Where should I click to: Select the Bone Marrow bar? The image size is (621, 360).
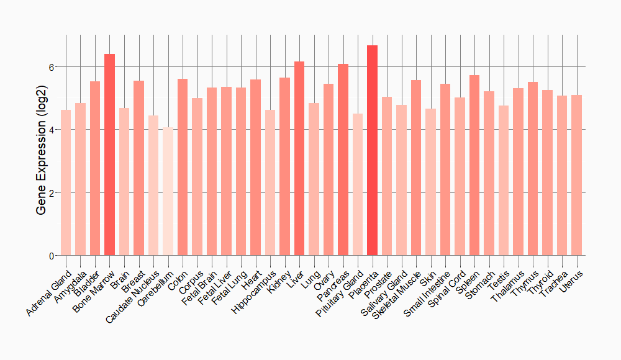[x=109, y=155]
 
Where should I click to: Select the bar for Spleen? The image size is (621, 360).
[x=474, y=165]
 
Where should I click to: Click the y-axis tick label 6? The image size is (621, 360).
[x=52, y=66]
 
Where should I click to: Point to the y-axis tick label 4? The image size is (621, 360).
[x=52, y=130]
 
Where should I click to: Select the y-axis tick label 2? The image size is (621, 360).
[x=52, y=192]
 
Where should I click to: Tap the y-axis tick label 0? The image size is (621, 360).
[x=52, y=256]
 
